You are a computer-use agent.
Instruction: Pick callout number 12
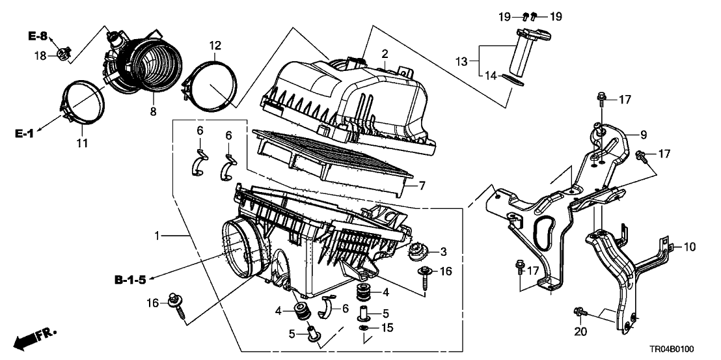click(215, 46)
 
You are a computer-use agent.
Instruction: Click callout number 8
click(153, 112)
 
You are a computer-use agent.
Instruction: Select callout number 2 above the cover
click(385, 53)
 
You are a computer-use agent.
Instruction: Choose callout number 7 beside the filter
click(422, 186)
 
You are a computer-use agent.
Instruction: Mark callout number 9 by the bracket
click(644, 136)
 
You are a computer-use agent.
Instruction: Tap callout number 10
click(690, 247)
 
